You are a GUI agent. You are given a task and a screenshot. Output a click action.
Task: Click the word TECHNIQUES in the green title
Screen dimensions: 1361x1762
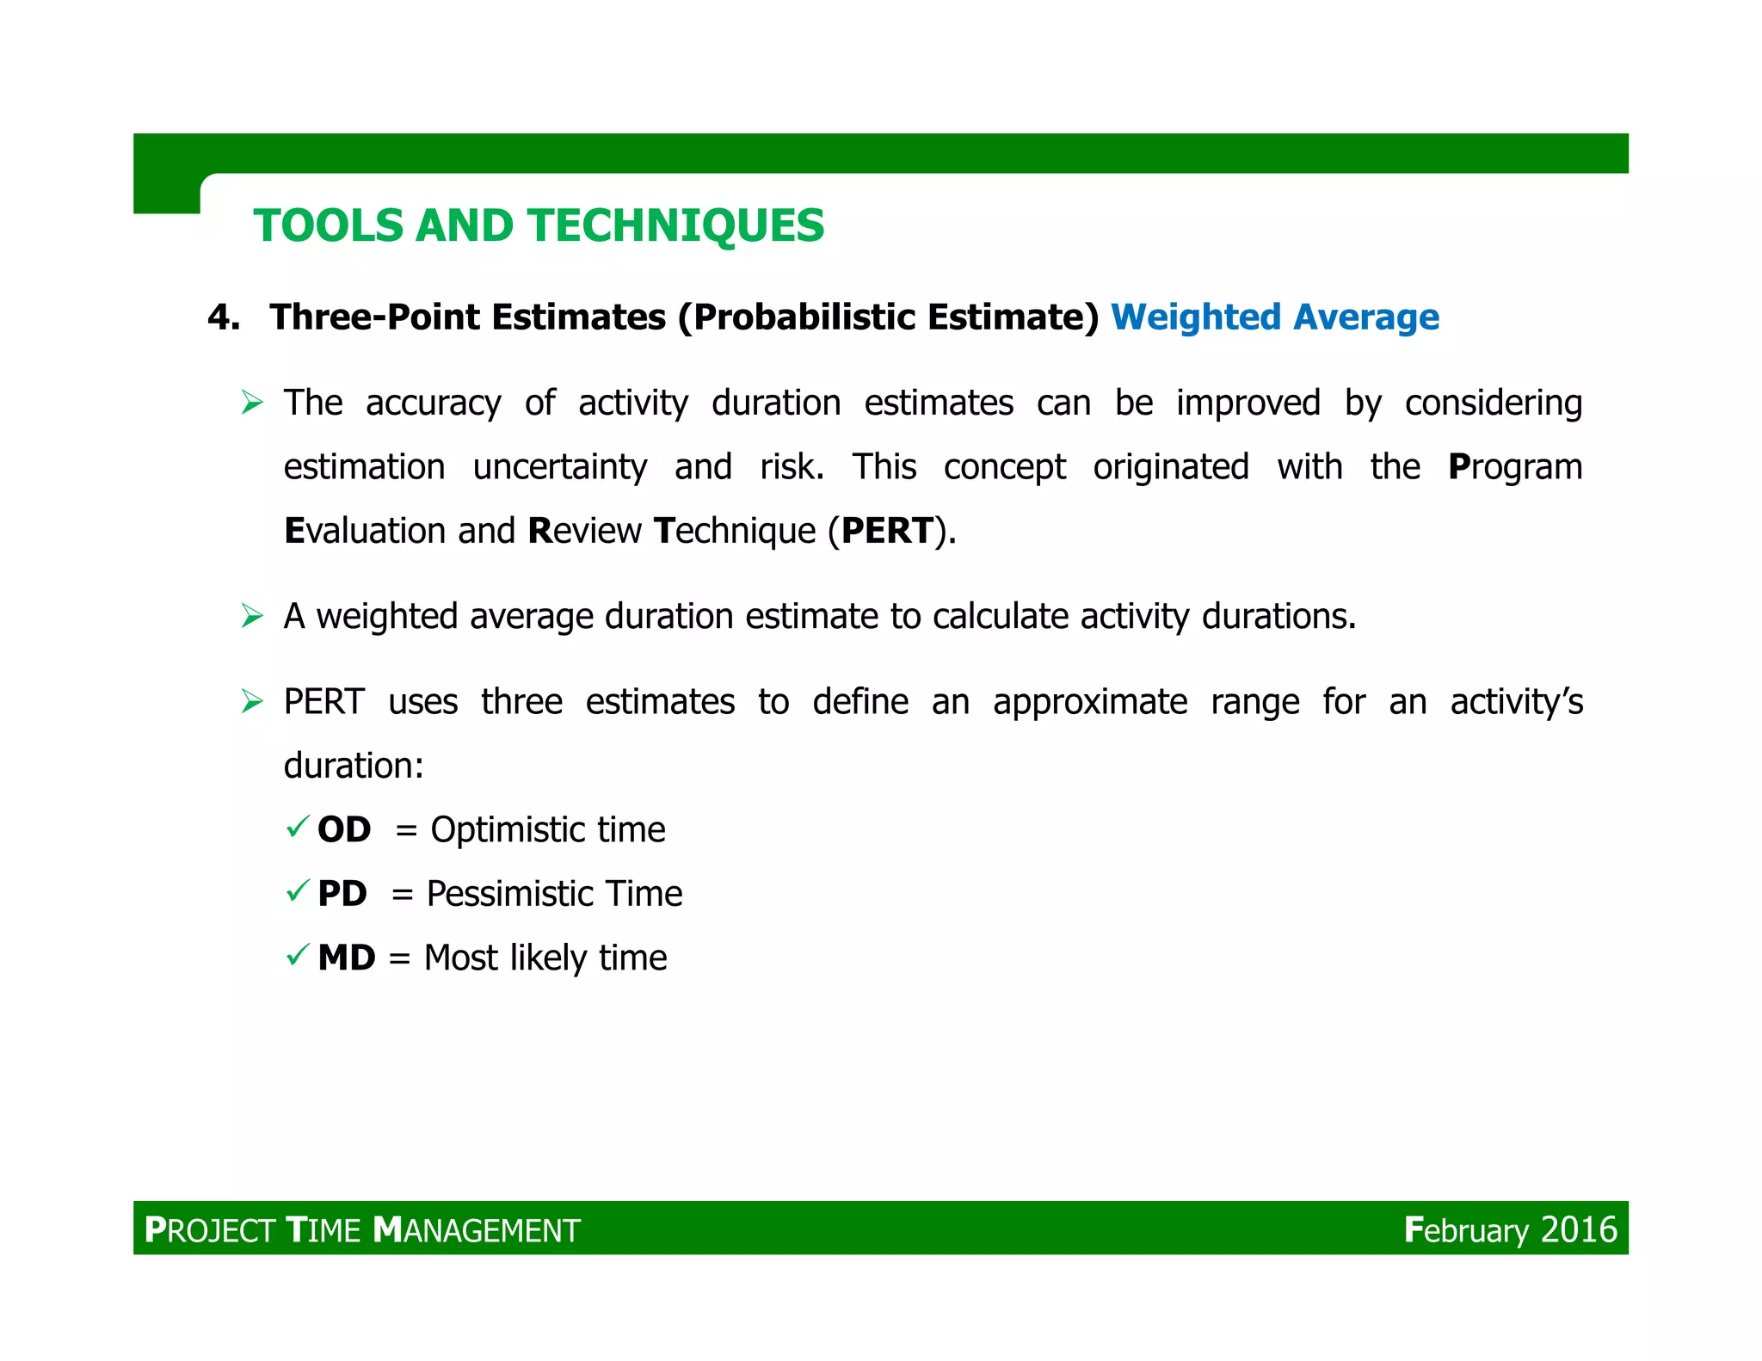pos(676,226)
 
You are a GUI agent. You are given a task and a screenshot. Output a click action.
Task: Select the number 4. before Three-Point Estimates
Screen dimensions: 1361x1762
pos(223,317)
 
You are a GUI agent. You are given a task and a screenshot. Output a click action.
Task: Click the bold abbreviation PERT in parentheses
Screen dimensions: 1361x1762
pos(887,531)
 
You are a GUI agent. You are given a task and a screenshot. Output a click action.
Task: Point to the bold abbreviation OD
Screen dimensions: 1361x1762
pos(344,830)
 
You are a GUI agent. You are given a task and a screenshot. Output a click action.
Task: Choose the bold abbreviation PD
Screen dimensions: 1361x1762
pos(342,894)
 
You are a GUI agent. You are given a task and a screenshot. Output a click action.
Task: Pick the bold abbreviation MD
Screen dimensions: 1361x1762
pos(347,958)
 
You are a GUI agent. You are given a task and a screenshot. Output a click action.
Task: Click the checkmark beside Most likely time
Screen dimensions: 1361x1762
pos(297,954)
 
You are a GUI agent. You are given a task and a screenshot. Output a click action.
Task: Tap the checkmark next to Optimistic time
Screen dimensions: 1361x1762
pos(297,827)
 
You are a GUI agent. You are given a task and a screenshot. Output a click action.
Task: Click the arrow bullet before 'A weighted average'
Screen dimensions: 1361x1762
pos(252,616)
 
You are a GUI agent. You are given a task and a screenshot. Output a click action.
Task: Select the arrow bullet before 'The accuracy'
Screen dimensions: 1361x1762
pos(252,403)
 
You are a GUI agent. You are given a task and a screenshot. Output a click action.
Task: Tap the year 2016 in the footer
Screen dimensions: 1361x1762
pos(1579,1229)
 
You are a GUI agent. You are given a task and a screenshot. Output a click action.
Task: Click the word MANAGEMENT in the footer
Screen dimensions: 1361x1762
pos(477,1230)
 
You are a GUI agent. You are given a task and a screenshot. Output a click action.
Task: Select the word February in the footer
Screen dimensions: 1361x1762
pos(1466,1230)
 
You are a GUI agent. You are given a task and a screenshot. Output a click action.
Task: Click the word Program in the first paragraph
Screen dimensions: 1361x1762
pos(1514,467)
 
